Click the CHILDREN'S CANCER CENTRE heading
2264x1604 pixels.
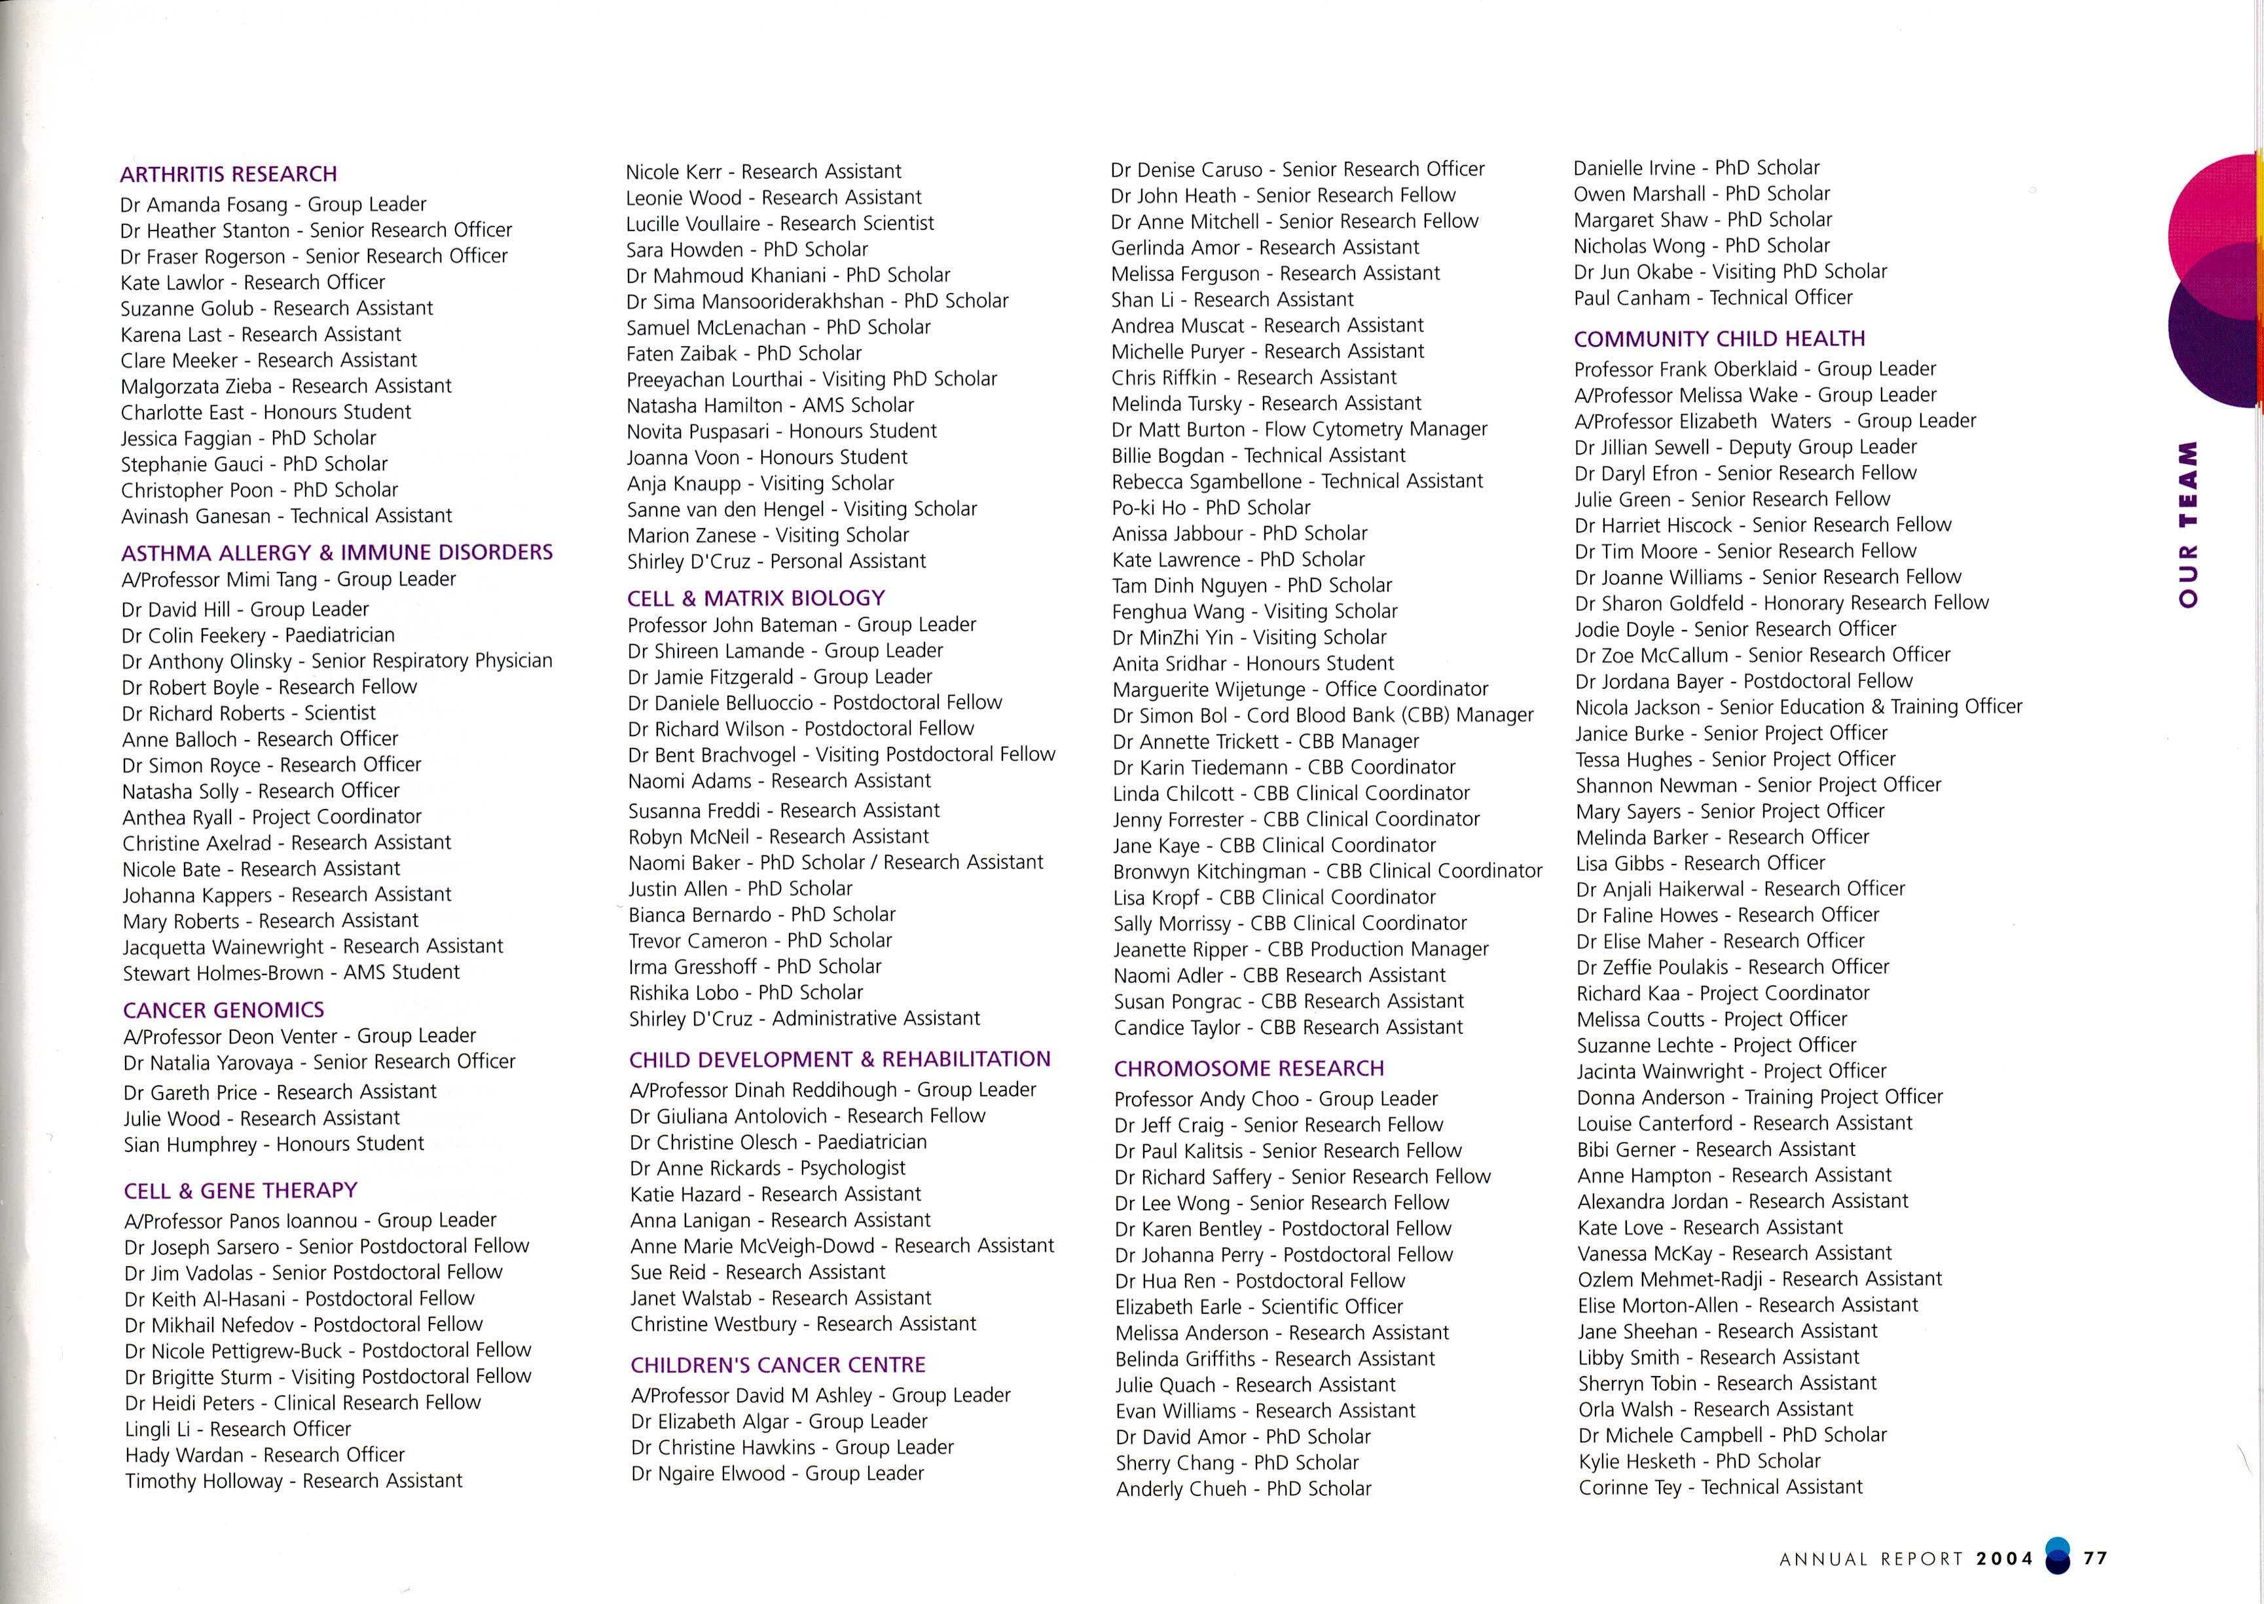(778, 1365)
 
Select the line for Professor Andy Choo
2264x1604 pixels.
(1275, 1099)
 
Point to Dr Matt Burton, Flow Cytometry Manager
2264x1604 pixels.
(1298, 430)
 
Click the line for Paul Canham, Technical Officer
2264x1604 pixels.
(1712, 298)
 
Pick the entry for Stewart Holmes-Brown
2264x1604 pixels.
(290, 973)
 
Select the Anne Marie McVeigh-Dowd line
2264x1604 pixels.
(842, 1246)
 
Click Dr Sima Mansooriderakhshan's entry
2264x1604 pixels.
(816, 301)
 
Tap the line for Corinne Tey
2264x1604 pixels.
(1720, 1487)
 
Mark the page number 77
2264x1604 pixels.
(2095, 1559)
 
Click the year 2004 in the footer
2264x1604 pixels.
(2004, 1559)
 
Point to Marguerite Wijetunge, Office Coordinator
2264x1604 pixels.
(1300, 690)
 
